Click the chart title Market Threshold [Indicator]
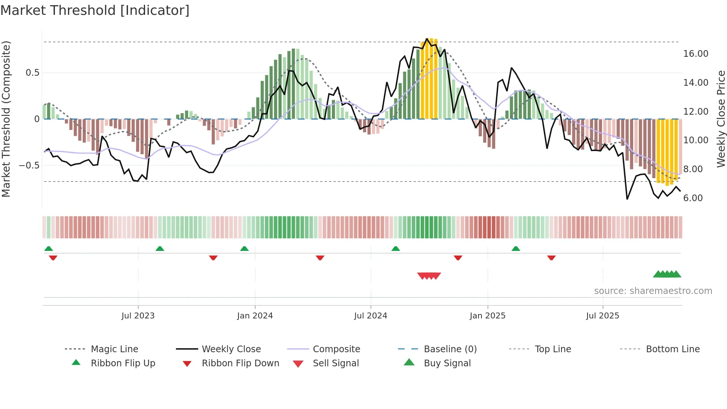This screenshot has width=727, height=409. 95,10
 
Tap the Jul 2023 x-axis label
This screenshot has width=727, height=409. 138,316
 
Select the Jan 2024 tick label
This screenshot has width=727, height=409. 255,316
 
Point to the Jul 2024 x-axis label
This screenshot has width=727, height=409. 371,316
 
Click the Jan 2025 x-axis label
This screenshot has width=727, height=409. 487,316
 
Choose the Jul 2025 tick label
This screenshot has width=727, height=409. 603,316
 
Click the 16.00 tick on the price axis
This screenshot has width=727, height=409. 695,54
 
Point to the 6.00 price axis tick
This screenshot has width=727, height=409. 693,198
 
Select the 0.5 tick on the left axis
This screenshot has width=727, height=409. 32,73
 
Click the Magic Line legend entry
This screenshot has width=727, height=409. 114,349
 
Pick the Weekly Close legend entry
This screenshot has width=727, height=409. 231,349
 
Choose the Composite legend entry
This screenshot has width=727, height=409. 336,349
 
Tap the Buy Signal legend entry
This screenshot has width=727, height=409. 447,363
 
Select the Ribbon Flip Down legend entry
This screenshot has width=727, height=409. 240,363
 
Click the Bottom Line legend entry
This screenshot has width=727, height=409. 672,349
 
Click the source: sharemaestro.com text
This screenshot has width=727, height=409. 653,291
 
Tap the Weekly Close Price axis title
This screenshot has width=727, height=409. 721,119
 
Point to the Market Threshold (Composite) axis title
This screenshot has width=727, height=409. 6,119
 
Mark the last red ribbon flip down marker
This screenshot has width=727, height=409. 551,258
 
